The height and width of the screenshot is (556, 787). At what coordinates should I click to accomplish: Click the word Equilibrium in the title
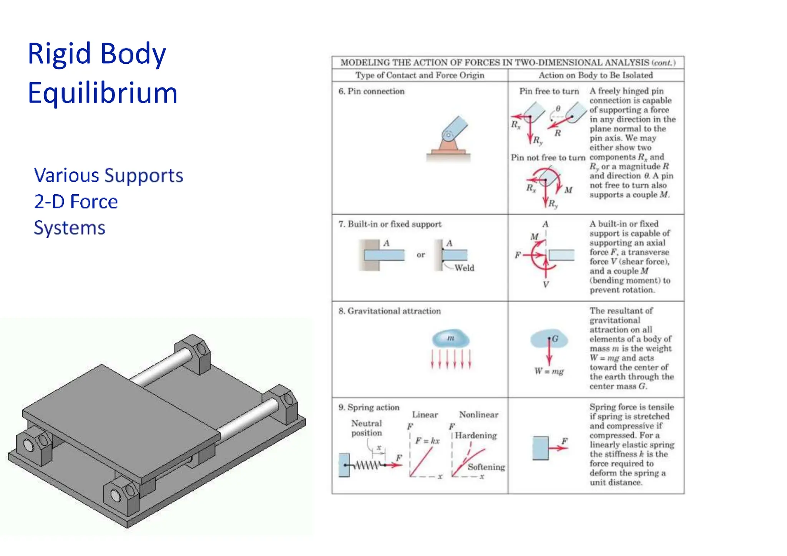click(x=103, y=93)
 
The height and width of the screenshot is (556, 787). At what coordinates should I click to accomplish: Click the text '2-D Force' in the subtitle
click(x=76, y=202)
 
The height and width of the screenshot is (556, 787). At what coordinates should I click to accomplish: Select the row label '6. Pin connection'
click(x=371, y=91)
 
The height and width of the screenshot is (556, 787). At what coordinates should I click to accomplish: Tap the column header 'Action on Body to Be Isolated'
click(x=595, y=75)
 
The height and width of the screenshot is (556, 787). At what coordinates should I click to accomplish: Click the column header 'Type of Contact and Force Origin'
click(x=420, y=75)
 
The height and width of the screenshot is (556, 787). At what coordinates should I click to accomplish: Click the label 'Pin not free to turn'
click(x=548, y=158)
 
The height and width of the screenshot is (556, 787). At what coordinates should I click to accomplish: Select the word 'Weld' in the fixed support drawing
click(x=464, y=268)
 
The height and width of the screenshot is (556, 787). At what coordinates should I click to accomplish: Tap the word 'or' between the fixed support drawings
click(x=421, y=255)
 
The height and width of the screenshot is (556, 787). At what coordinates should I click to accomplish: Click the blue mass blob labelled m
click(x=450, y=338)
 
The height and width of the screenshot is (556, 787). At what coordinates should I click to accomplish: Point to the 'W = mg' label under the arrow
click(x=549, y=371)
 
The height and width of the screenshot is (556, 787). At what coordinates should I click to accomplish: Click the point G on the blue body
click(x=550, y=339)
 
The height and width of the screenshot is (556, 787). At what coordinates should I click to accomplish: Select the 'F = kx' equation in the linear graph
click(x=427, y=441)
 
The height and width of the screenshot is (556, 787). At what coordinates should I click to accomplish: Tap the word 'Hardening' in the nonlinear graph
click(x=476, y=436)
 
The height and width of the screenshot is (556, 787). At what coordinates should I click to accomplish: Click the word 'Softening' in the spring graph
click(x=486, y=467)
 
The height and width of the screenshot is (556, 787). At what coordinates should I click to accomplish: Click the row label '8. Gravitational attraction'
click(x=389, y=311)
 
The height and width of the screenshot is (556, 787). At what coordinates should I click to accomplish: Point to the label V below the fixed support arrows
click(x=546, y=285)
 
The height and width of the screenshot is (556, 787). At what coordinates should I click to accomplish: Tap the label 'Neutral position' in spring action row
click(x=366, y=428)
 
